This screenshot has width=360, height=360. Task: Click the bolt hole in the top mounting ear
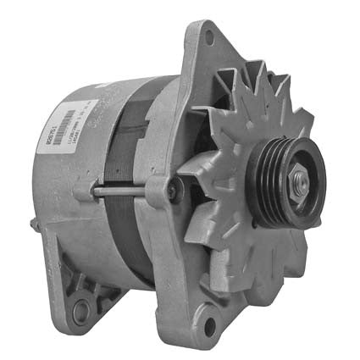point(208,36)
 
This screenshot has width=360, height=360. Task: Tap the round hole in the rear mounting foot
point(81,312)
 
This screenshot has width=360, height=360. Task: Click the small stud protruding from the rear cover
point(33,224)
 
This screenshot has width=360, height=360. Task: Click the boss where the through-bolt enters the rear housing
point(91,192)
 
